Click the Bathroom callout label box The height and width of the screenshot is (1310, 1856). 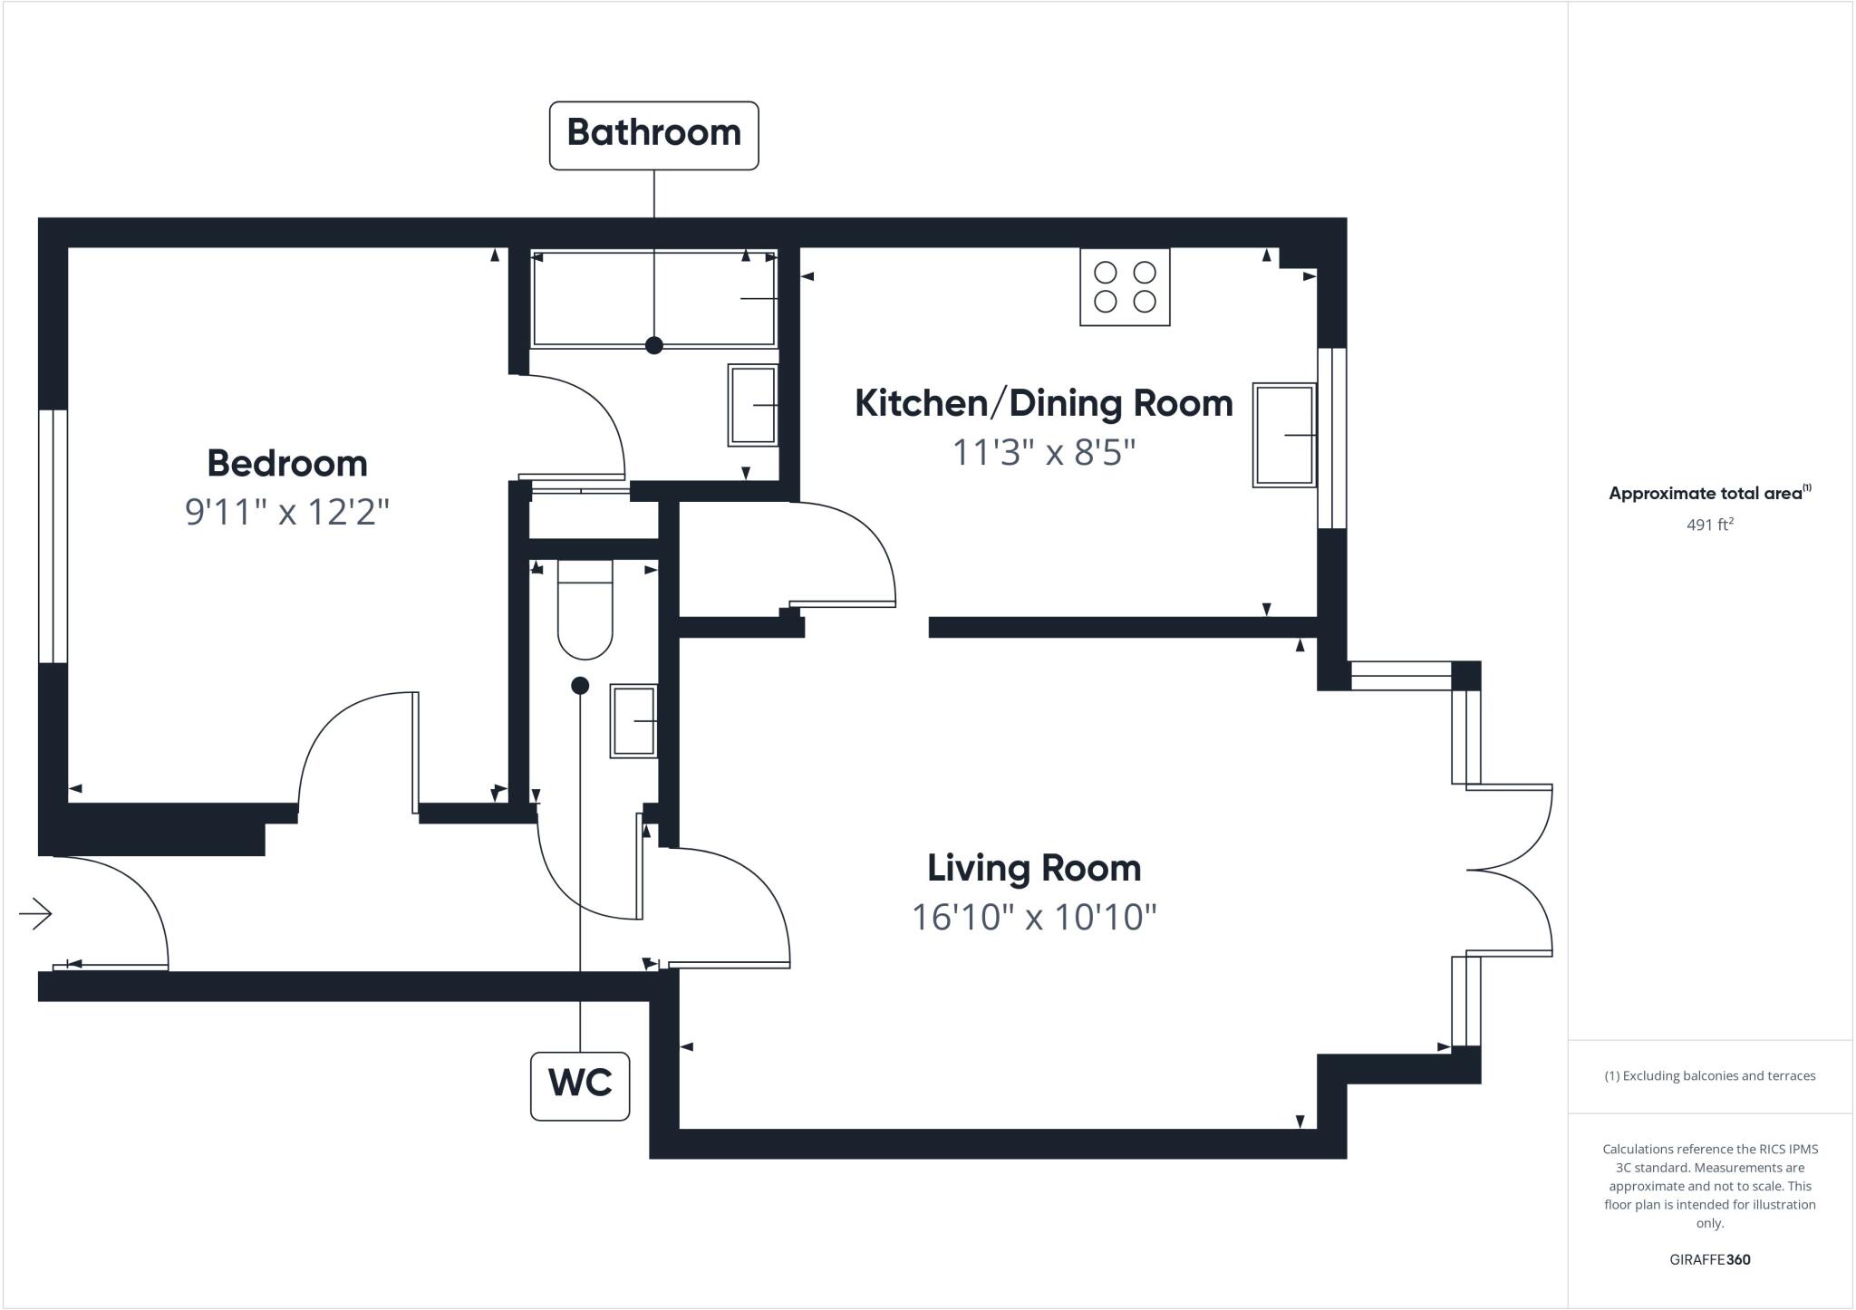coord(653,135)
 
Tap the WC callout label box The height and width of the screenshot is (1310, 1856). coord(580,1085)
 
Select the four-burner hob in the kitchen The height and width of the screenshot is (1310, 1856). coord(1125,286)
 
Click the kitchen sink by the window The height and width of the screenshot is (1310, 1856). coord(1284,435)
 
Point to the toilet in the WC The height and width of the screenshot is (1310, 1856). coord(585,609)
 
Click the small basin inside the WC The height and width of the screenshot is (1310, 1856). coord(633,721)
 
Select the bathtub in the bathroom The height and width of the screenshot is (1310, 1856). coord(653,300)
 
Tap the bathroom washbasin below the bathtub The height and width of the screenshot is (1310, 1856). coord(753,405)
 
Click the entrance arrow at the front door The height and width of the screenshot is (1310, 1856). coord(36,913)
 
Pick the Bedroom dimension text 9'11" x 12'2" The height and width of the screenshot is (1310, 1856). coord(286,512)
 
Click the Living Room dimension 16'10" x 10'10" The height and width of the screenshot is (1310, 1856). coord(1034,917)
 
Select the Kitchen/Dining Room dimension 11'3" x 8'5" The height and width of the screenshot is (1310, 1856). coord(1043,451)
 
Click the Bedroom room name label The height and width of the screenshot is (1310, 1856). coord(287,464)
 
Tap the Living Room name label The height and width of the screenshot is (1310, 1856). coord(1034,868)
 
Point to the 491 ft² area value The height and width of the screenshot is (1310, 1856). coord(1709,525)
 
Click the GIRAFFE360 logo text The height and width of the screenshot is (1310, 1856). coord(1709,1259)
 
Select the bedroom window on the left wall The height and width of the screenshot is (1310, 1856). coord(53,535)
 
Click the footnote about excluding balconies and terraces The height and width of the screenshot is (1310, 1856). coord(1709,1076)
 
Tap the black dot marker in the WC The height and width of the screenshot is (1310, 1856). coord(580,686)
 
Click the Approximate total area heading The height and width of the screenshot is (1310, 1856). coord(1707,494)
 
